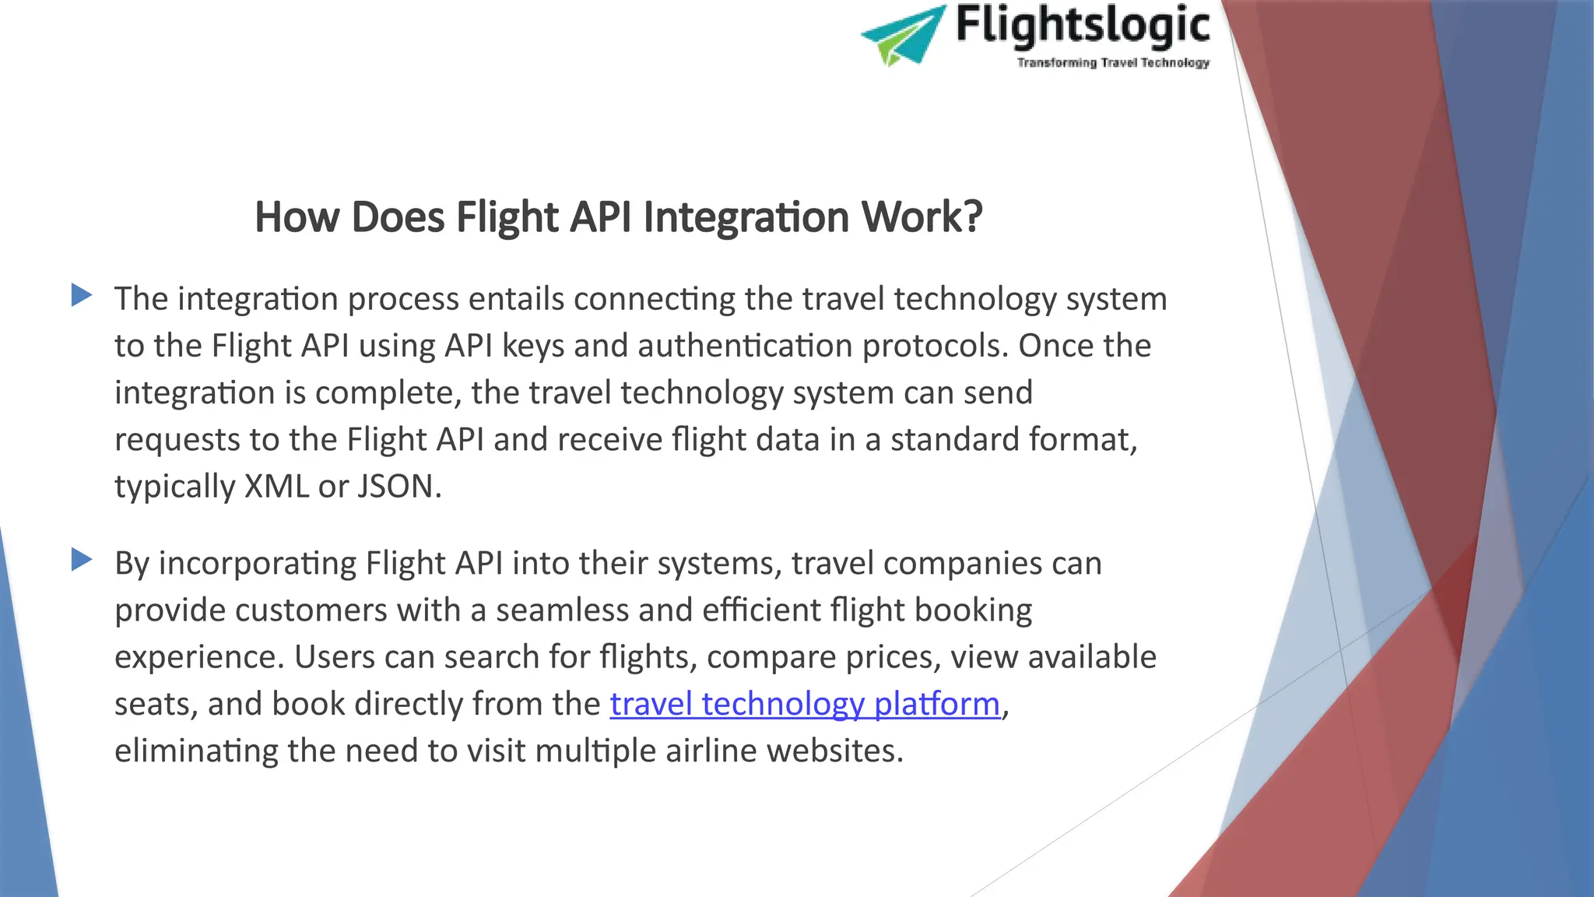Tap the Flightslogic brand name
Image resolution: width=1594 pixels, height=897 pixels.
click(1083, 25)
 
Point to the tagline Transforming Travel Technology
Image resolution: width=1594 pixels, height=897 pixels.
click(1113, 62)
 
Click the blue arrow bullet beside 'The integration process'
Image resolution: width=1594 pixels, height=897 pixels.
click(82, 295)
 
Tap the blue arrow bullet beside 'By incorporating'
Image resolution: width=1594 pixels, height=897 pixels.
click(82, 559)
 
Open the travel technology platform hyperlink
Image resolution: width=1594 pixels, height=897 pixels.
click(805, 704)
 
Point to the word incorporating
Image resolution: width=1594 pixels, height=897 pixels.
click(257, 563)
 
